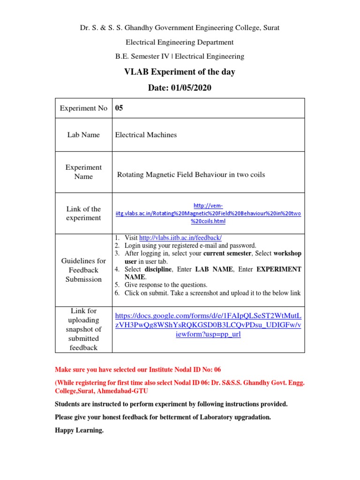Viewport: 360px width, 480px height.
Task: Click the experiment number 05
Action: [x=119, y=108]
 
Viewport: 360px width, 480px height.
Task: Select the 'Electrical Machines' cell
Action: [x=146, y=135]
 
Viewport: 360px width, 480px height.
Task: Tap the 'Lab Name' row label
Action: [x=83, y=135]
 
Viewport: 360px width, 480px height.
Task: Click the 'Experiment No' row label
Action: [x=83, y=108]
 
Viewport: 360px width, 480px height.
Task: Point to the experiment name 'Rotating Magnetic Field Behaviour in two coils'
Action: [x=191, y=175]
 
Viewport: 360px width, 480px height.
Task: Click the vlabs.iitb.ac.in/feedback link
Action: [x=180, y=238]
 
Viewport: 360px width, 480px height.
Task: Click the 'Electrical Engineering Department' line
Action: [x=180, y=42]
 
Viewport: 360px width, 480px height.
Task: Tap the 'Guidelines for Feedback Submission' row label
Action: [x=83, y=270]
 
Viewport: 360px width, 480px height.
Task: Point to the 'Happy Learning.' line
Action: [x=79, y=430]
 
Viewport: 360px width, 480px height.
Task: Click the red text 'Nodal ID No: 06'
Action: [x=197, y=369]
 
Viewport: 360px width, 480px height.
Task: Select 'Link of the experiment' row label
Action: [x=83, y=213]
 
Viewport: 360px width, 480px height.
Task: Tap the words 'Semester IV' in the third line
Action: [x=152, y=56]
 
